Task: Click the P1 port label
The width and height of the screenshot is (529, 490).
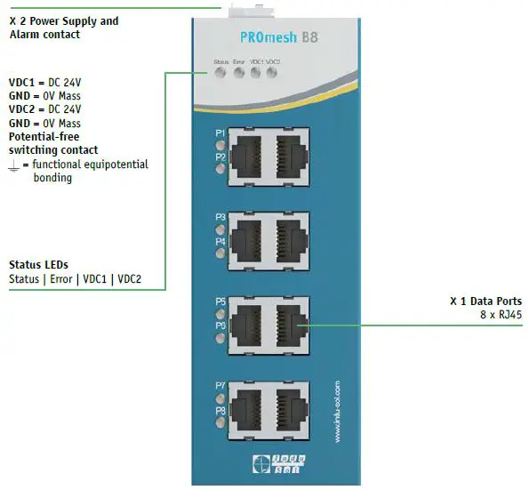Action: (x=220, y=133)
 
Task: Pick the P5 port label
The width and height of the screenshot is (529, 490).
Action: (x=220, y=301)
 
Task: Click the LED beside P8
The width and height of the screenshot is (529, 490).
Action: (x=220, y=423)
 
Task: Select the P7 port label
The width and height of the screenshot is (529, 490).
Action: (x=220, y=386)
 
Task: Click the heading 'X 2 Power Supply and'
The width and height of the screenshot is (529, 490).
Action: (x=63, y=20)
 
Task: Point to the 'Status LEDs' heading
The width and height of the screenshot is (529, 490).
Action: (x=38, y=264)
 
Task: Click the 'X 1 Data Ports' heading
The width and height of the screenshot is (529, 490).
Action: (x=485, y=301)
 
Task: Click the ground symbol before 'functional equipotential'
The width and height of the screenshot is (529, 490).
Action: (x=14, y=165)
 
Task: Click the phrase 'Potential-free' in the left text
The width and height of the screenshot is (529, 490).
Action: (x=44, y=137)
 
